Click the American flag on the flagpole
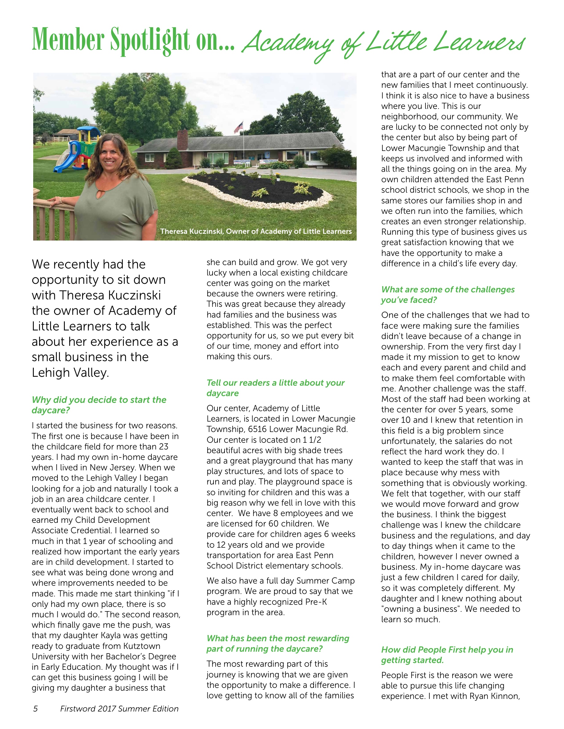[239, 127]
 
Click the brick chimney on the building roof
[182, 140]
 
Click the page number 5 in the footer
[35, 718]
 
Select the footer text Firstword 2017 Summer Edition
[119, 718]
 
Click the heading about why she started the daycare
[99, 405]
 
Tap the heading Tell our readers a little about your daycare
[275, 388]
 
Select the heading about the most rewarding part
[277, 643]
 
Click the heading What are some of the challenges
[448, 295]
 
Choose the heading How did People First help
[447, 654]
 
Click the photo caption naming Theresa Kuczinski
[256, 231]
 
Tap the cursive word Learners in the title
[479, 43]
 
